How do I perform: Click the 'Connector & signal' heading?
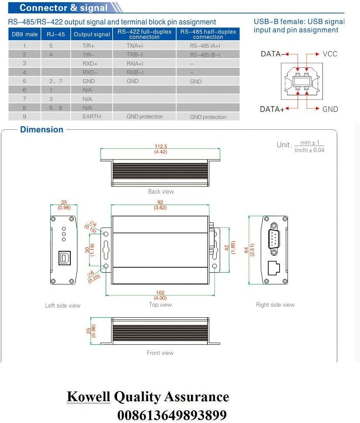tap(63, 8)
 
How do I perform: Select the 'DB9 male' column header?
tap(24, 35)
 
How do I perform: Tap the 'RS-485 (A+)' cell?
tap(205, 45)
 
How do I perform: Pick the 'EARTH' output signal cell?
tap(91, 117)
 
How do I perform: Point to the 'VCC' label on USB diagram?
tap(330, 54)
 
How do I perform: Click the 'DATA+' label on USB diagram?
tap(272, 109)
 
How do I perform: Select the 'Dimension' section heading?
tap(42, 130)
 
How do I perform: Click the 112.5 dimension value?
tap(161, 147)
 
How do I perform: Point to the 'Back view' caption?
tap(161, 191)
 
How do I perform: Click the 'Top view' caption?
tap(160, 305)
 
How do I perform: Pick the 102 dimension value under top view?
tap(160, 293)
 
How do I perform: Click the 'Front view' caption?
tap(160, 353)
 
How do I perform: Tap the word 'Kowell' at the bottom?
tap(89, 397)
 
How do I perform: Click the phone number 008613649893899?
tap(172, 414)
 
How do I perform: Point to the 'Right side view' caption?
tap(275, 305)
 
